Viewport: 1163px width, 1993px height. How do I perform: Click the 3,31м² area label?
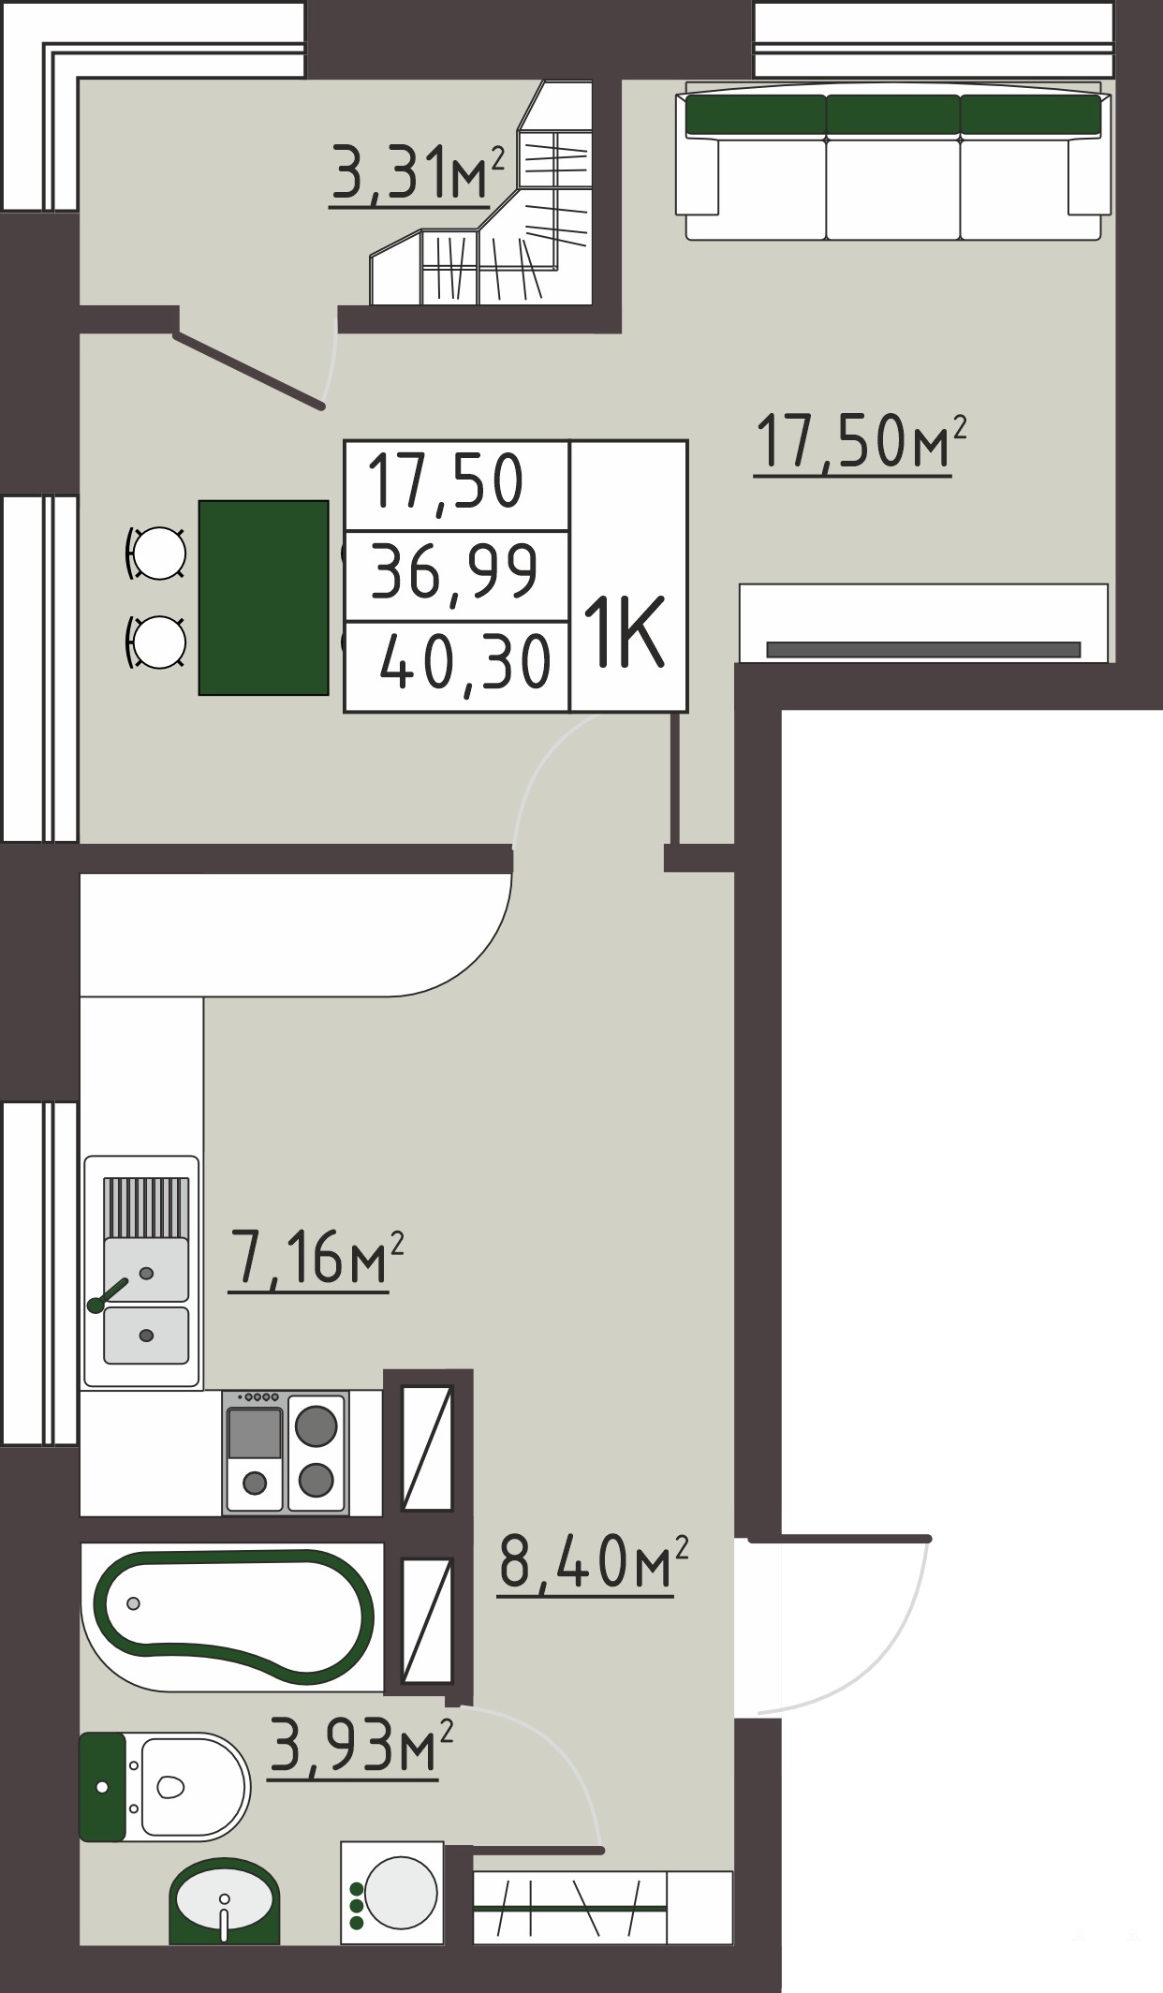tap(418, 174)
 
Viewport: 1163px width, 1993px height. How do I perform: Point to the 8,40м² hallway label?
tap(594, 1562)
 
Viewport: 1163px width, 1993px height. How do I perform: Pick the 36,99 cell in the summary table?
tap(456, 575)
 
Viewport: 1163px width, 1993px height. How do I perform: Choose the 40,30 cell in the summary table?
tap(456, 665)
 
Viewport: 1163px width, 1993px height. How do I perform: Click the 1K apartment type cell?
tap(628, 576)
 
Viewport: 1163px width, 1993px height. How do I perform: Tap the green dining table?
tap(264, 598)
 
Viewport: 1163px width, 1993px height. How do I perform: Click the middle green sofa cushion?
tap(893, 114)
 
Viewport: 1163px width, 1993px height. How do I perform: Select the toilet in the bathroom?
tap(164, 1786)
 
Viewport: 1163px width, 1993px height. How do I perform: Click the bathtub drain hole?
tap(134, 1602)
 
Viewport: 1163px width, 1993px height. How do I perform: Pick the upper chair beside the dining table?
tap(157, 554)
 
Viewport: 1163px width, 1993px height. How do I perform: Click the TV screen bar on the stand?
tap(923, 649)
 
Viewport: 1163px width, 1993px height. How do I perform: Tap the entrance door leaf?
tap(840, 1539)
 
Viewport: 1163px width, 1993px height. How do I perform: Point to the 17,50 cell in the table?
tap(456, 486)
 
